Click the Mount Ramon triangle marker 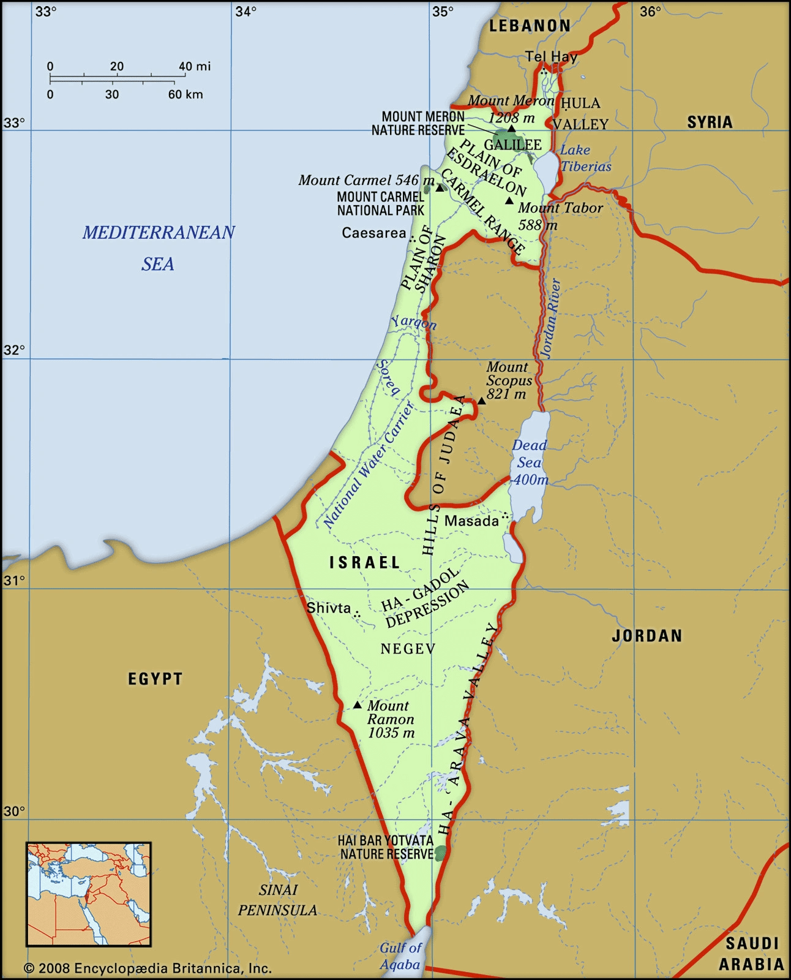pos(358,705)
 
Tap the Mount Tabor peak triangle pos(509,200)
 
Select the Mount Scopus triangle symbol pos(482,401)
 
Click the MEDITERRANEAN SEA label pos(159,247)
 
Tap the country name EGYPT pos(155,679)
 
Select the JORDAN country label pos(647,636)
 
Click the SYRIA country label pos(710,122)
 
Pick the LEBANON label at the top pos(530,26)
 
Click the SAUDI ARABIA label pos(752,954)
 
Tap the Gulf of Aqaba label pos(400,956)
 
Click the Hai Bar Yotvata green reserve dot pos(441,853)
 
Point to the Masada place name pos(471,521)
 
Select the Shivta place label pos(329,608)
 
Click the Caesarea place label pos(373,233)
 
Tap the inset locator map pos(88,894)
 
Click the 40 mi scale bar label pos(194,66)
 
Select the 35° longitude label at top pos(443,11)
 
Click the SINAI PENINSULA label pos(278,900)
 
